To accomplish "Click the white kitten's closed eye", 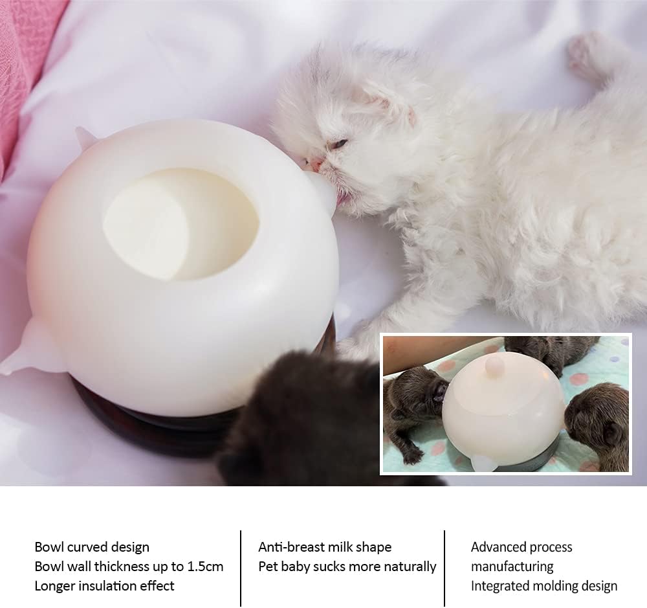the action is pyautogui.click(x=339, y=144).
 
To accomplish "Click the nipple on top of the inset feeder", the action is pyautogui.click(x=494, y=366).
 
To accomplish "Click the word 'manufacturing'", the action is pyautogui.click(x=512, y=567).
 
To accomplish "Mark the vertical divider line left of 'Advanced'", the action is pyautogui.click(x=444, y=569).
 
